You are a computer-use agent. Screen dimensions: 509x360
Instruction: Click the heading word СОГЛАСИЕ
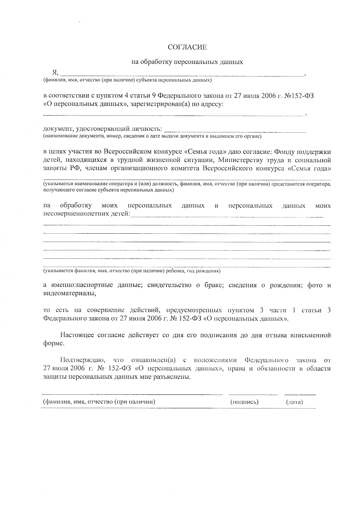pos(187,47)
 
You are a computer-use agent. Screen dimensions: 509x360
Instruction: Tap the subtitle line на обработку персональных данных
pos(187,62)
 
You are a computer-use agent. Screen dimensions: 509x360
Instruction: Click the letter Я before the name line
pos(55,72)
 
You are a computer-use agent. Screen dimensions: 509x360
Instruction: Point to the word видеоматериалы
pos(70,293)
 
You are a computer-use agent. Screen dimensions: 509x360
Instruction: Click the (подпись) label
pos(244,402)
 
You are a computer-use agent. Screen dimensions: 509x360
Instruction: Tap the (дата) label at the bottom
pos(295,402)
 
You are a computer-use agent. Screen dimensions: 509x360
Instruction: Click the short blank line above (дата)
pos(300,394)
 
